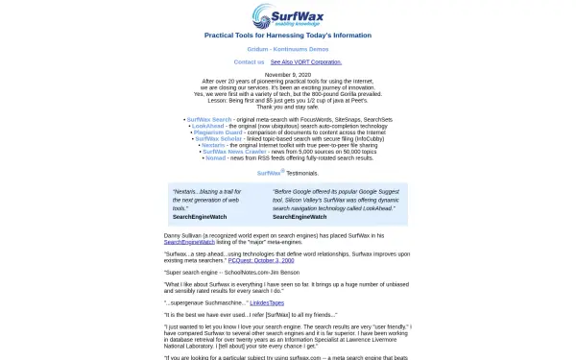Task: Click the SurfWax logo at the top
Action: click(x=288, y=16)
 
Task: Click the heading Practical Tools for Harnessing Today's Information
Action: click(x=288, y=35)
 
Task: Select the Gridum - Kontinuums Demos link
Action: click(x=288, y=48)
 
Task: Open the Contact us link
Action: click(x=249, y=61)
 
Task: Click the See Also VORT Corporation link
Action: click(x=305, y=61)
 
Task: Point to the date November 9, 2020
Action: click(x=288, y=74)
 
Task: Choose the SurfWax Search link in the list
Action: click(x=209, y=119)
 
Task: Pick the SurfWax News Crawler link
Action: click(x=234, y=151)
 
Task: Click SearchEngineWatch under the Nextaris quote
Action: click(x=200, y=217)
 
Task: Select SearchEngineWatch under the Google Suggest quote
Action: click(x=300, y=217)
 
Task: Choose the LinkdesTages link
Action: click(x=267, y=302)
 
